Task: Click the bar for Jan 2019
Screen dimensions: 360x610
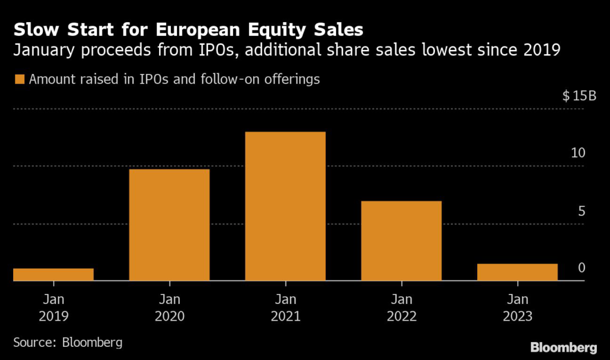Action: click(x=53, y=274)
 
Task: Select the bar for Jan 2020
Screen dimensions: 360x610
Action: click(x=169, y=225)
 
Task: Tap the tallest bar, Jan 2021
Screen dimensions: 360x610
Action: click(x=285, y=206)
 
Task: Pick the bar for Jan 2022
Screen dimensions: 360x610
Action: click(x=402, y=241)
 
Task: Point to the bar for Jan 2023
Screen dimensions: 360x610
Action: click(x=517, y=272)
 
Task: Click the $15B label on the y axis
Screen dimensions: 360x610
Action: click(x=578, y=97)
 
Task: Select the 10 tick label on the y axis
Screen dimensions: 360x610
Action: click(x=578, y=153)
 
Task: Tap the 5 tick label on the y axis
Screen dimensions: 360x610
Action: click(x=581, y=212)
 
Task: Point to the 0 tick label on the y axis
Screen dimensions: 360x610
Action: click(x=581, y=268)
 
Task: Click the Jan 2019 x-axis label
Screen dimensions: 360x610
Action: click(x=53, y=308)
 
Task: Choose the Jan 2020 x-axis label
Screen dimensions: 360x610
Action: click(x=169, y=308)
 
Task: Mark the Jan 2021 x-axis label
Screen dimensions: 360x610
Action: click(x=285, y=308)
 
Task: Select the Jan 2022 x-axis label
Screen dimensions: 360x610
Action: click(x=402, y=308)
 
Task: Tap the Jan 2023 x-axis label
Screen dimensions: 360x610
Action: click(x=517, y=308)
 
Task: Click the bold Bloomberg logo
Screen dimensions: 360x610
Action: click(x=563, y=347)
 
